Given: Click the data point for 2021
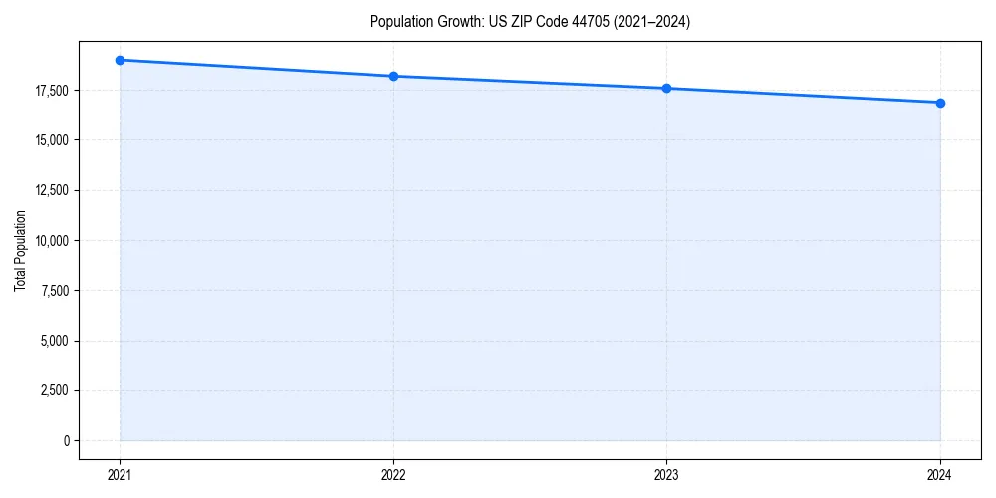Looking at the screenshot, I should [x=120, y=60].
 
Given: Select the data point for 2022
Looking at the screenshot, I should [x=393, y=76].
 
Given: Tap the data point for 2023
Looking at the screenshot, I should [x=666, y=88].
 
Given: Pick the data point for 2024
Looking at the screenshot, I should [x=940, y=103].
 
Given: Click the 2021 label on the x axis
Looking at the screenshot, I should [x=120, y=475].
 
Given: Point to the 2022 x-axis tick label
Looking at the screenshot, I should [x=393, y=475].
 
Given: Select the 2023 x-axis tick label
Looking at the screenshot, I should [x=666, y=475].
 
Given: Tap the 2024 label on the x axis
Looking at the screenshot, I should [x=940, y=475].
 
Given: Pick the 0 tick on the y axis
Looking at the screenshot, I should [x=66, y=440].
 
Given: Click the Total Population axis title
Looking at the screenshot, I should [x=20, y=251].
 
